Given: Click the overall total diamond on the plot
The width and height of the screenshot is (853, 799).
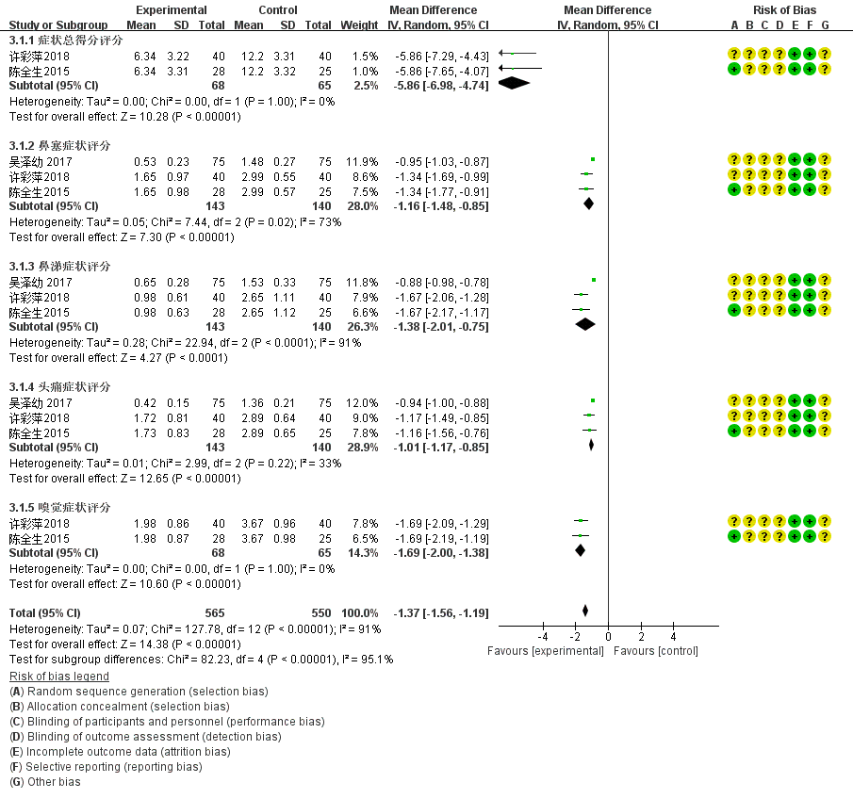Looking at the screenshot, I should (585, 612).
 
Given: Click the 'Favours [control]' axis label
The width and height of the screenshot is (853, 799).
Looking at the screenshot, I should (655, 651).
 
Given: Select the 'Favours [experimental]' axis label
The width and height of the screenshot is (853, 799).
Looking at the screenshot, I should (545, 651).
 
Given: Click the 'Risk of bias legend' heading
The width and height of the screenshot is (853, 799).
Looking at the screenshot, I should (58, 677).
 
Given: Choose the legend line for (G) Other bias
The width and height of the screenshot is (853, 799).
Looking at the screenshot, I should (44, 782).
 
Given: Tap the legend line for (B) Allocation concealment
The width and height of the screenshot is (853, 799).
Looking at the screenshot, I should (119, 707).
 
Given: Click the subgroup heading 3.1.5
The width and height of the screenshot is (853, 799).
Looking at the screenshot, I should (59, 508).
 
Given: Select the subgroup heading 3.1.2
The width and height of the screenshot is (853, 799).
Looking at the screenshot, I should (59, 146).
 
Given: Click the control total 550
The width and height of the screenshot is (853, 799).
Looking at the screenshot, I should (321, 612).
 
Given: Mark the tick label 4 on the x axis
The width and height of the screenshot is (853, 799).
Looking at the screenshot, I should (673, 637).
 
